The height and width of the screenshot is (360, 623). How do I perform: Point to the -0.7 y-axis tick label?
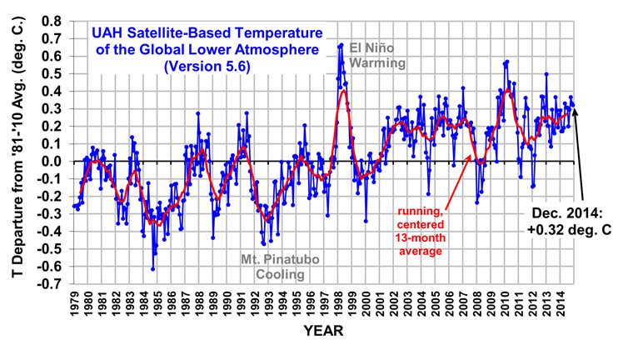(x=47, y=283)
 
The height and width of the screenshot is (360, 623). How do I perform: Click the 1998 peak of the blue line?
(x=341, y=44)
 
